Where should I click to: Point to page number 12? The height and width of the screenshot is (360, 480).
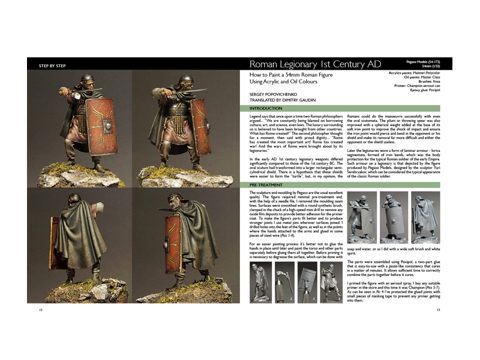(40, 310)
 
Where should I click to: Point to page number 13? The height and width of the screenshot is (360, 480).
(439, 310)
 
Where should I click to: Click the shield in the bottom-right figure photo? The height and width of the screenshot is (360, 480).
(175, 246)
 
